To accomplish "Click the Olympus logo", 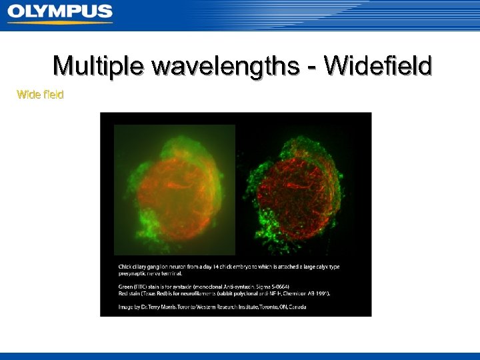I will (60, 13).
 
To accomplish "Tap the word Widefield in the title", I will (377, 67).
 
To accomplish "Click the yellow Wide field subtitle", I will (40, 95).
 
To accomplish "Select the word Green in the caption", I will (125, 286).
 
